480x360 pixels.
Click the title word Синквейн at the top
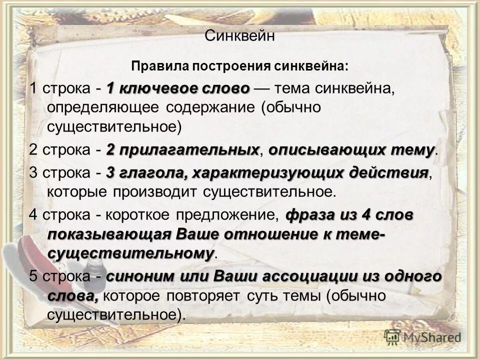tap(240, 36)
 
